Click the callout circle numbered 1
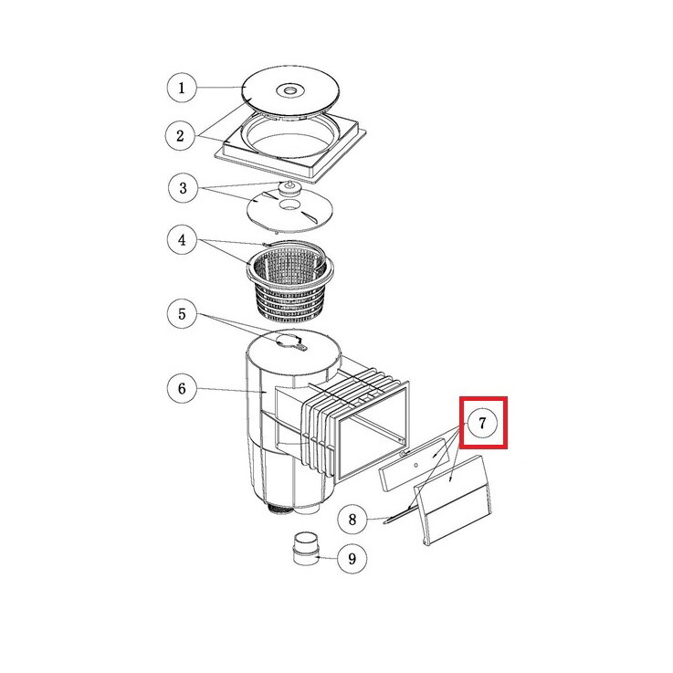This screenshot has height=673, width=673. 182,88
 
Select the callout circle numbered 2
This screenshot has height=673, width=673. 181,136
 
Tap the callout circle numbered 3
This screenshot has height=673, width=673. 184,188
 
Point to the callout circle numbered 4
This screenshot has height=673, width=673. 182,239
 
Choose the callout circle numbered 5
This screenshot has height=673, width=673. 182,314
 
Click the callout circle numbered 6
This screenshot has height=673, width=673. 182,388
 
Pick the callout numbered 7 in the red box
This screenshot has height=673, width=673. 482,423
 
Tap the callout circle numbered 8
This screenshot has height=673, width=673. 352,520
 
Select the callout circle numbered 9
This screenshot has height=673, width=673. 352,559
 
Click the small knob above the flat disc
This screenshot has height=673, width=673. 289,187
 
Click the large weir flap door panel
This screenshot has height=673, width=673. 454,500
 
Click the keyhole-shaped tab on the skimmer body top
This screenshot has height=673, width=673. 291,342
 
